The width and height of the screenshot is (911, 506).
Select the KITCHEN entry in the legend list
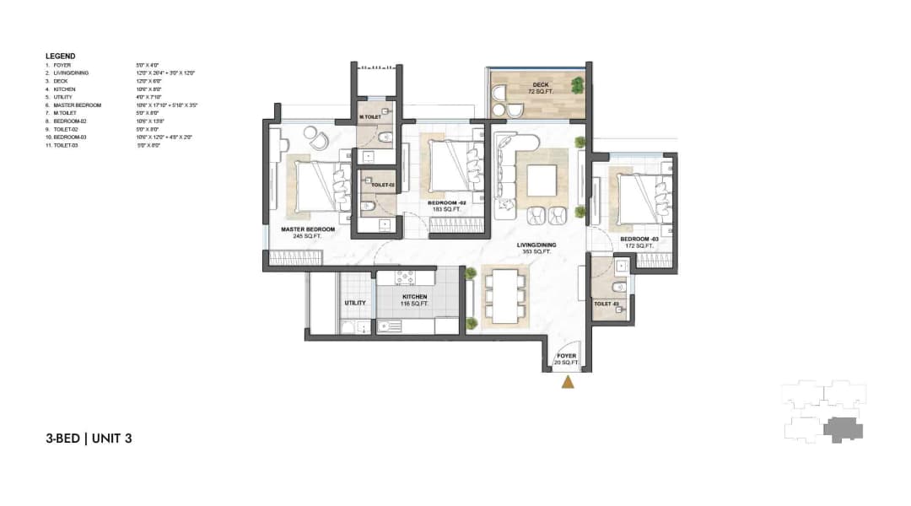[65, 89]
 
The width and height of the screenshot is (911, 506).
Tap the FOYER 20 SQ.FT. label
[567, 359]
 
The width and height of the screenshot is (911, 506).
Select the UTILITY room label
[353, 302]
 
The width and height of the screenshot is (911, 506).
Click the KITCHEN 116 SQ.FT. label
[414, 300]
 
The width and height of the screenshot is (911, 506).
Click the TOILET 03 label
[606, 303]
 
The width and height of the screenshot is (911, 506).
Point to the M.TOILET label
[369, 117]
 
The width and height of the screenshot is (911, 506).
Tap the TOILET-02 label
[371, 184]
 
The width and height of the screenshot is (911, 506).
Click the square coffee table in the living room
[541, 180]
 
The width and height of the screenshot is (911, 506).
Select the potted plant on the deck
[577, 84]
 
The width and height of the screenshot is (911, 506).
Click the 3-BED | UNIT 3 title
[89, 438]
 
